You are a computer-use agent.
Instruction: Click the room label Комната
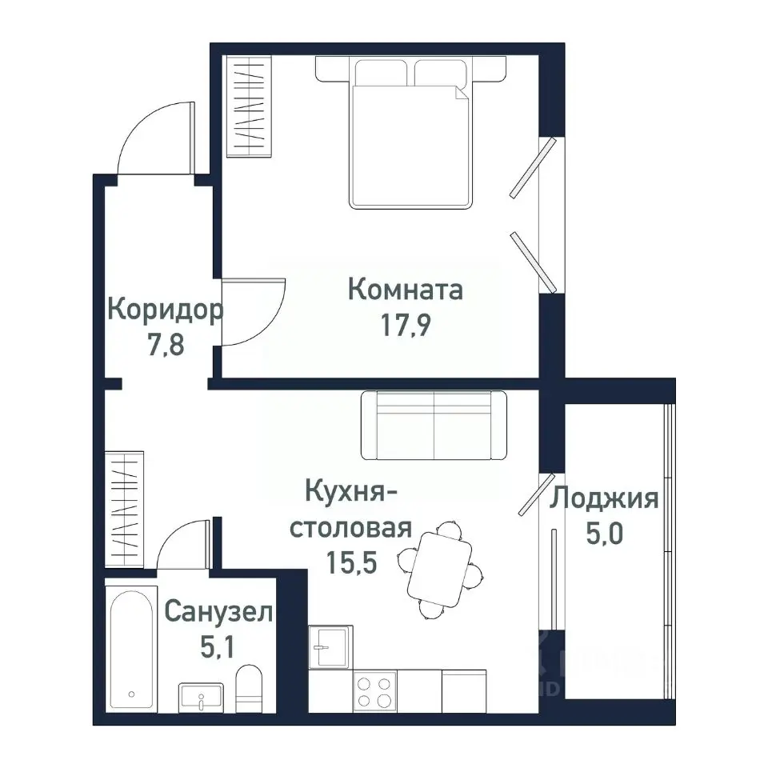tap(406, 289)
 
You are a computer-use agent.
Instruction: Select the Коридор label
tap(165, 309)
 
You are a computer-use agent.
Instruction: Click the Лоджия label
tap(604, 498)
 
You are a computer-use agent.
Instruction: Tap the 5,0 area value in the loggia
tap(604, 534)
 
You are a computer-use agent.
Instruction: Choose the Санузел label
tap(218, 613)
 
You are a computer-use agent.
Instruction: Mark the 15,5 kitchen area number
tap(351, 563)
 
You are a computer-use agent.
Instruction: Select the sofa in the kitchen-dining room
tap(434, 425)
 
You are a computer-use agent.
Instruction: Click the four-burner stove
tap(374, 692)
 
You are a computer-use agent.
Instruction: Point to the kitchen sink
tap(330, 646)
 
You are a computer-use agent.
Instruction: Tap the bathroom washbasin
tap(201, 698)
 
